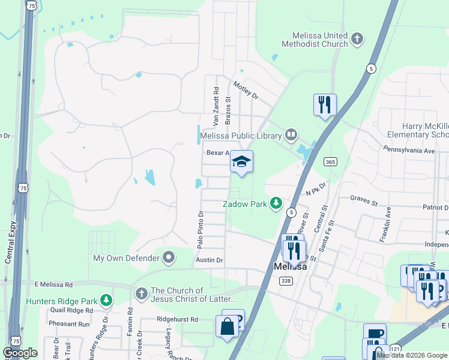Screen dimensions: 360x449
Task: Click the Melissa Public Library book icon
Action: tap(291, 135)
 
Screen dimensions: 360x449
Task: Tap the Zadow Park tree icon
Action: tap(276, 204)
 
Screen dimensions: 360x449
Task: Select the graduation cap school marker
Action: tap(241, 161)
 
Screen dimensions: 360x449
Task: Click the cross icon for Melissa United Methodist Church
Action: tap(357, 40)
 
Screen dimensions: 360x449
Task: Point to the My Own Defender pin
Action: tap(169, 258)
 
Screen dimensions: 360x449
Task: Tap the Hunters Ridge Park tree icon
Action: tap(106, 299)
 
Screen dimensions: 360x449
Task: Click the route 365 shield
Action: tap(330, 161)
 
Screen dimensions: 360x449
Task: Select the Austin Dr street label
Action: tap(209, 260)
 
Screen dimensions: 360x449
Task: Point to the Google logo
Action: tap(20, 353)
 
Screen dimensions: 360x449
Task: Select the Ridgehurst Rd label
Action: tap(177, 320)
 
